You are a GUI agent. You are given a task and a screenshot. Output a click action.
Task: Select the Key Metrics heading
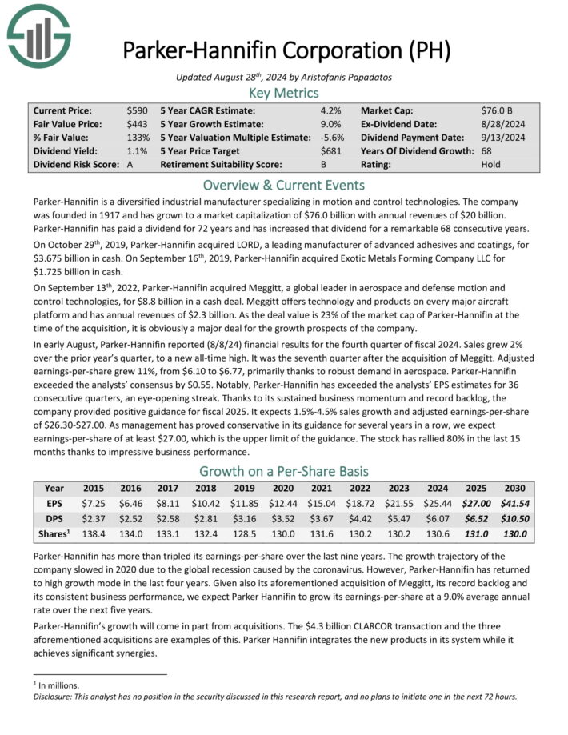point(284,93)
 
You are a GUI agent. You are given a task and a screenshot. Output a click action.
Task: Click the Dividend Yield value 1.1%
point(136,150)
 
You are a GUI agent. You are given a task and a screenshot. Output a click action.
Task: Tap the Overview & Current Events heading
point(284,185)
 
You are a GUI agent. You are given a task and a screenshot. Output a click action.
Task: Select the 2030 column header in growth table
point(514,488)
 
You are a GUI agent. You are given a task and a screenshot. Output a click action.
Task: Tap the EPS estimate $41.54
point(514,504)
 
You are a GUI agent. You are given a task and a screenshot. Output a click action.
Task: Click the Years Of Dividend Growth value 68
point(487,150)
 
